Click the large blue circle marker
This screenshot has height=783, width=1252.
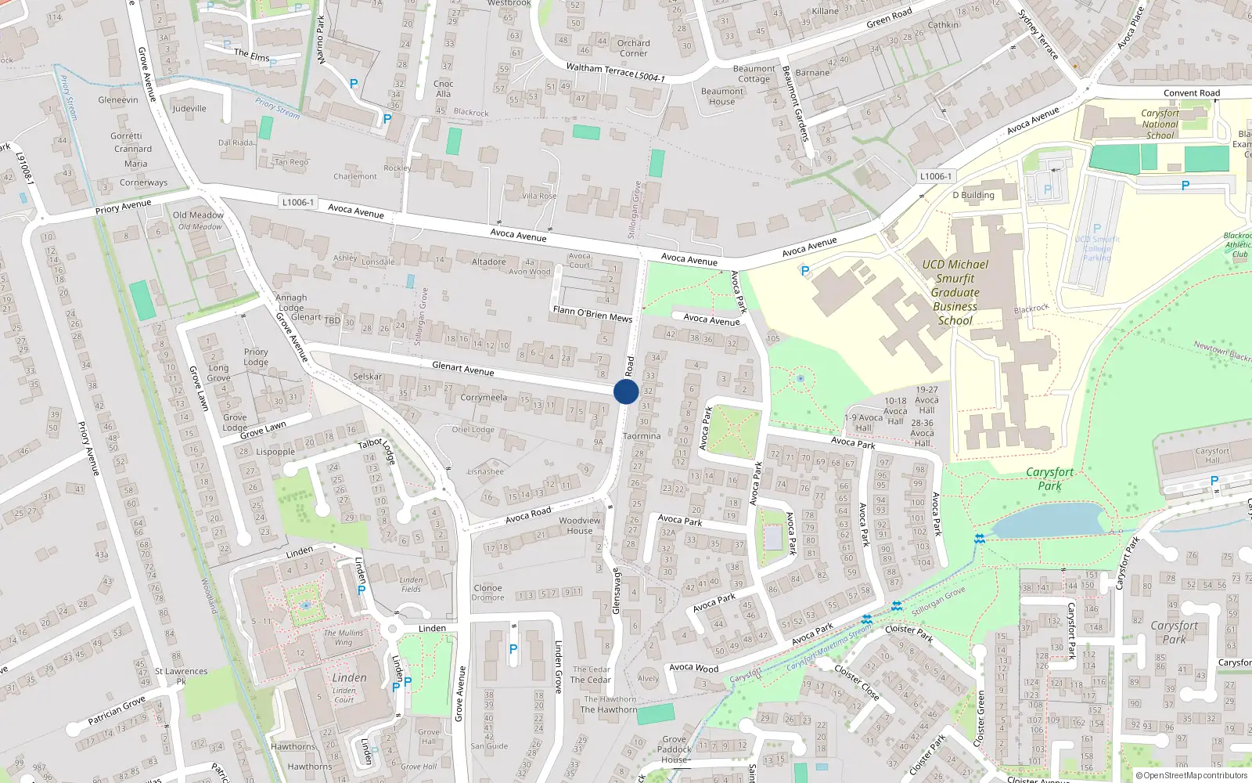pyautogui.click(x=626, y=391)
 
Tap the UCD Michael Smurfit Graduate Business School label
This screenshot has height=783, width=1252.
pyautogui.click(x=955, y=292)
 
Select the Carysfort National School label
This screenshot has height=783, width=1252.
pyautogui.click(x=1160, y=124)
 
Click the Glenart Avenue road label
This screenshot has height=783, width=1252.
pyautogui.click(x=462, y=368)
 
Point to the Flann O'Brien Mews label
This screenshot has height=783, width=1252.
pyautogui.click(x=592, y=314)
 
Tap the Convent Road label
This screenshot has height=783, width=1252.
pyautogui.click(x=1191, y=93)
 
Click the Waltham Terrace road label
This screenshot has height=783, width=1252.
pyautogui.click(x=600, y=70)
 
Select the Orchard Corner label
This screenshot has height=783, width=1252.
pyautogui.click(x=633, y=49)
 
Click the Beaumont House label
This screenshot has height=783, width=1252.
pyautogui.click(x=721, y=96)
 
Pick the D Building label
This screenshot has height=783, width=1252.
pyautogui.click(x=973, y=195)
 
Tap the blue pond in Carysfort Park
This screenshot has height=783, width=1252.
pyautogui.click(x=1049, y=521)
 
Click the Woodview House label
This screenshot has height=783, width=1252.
pyautogui.click(x=580, y=525)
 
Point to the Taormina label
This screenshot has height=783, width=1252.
pyautogui.click(x=642, y=436)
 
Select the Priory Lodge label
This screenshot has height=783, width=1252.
pyautogui.click(x=256, y=357)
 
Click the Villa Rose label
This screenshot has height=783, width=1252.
pyautogui.click(x=539, y=196)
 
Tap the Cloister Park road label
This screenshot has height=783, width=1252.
pyautogui.click(x=908, y=633)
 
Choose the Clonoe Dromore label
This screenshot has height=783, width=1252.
pyautogui.click(x=487, y=593)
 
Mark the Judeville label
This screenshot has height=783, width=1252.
pyautogui.click(x=189, y=109)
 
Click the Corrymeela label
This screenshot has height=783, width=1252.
pyautogui.click(x=484, y=398)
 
